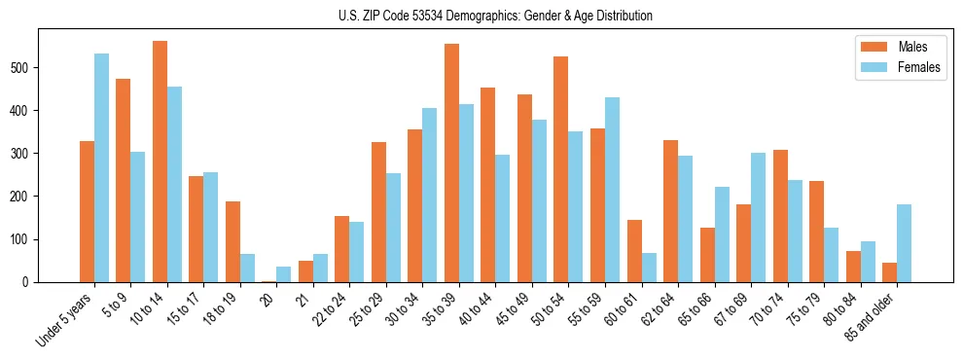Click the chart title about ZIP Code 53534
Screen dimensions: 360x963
[x=481, y=16]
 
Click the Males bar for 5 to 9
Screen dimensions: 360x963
[x=124, y=180]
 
